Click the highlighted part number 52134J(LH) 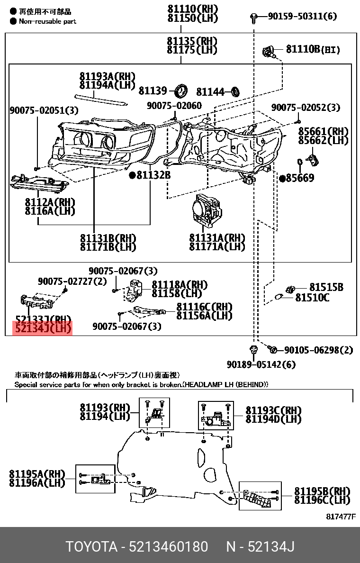point(43,328)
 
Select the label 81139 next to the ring point(153,91)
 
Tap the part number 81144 point(210,91)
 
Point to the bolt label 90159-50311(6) point(302,17)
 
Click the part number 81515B point(326,287)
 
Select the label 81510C point(312,298)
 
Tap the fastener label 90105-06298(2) point(318,350)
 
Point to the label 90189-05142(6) point(261,364)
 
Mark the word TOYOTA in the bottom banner point(91,547)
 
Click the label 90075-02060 point(174,106)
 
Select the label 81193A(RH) point(108,76)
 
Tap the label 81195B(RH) point(322,491)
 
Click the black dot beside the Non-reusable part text point(13,21)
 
